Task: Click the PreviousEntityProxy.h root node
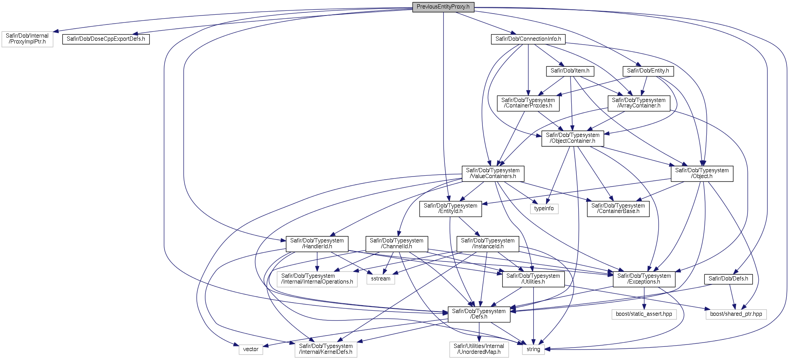click(x=443, y=7)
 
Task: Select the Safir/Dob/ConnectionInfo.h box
click(x=528, y=39)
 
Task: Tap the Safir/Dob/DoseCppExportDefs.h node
click(x=106, y=39)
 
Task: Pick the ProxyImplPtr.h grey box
click(x=27, y=39)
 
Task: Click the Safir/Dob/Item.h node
click(x=570, y=71)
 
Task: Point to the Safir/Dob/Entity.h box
click(x=648, y=71)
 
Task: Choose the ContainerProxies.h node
click(x=528, y=103)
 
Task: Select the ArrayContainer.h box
click(x=638, y=103)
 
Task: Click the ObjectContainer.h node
click(x=572, y=138)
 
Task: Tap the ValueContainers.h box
click(x=492, y=173)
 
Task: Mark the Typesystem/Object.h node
click(x=702, y=173)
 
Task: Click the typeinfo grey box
click(x=544, y=209)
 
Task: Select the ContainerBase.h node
click(x=618, y=209)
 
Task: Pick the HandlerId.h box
click(x=317, y=244)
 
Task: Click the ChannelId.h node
click(x=396, y=244)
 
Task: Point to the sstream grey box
click(x=380, y=279)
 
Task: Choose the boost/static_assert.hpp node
click(x=643, y=314)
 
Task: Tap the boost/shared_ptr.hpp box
click(x=736, y=314)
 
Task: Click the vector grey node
click(x=250, y=350)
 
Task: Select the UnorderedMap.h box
click(x=479, y=349)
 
